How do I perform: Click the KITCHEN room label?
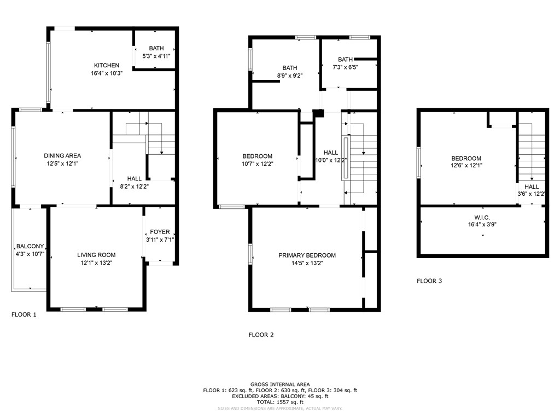[106, 66]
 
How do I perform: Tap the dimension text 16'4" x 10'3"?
[106, 73]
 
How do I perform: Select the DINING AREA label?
[62, 156]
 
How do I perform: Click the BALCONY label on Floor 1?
[30, 247]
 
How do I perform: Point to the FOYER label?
[160, 232]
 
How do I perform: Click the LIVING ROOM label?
[96, 255]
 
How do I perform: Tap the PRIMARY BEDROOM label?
[307, 255]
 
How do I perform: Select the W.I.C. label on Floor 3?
[482, 217]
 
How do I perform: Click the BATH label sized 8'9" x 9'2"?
[290, 68]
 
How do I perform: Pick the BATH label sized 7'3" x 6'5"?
[345, 60]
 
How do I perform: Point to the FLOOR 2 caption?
[261, 335]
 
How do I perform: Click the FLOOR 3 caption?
[429, 281]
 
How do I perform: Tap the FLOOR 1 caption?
[24, 315]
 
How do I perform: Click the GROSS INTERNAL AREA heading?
[280, 384]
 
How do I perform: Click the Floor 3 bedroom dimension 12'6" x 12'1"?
[466, 165]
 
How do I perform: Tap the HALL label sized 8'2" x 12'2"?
[135, 179]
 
